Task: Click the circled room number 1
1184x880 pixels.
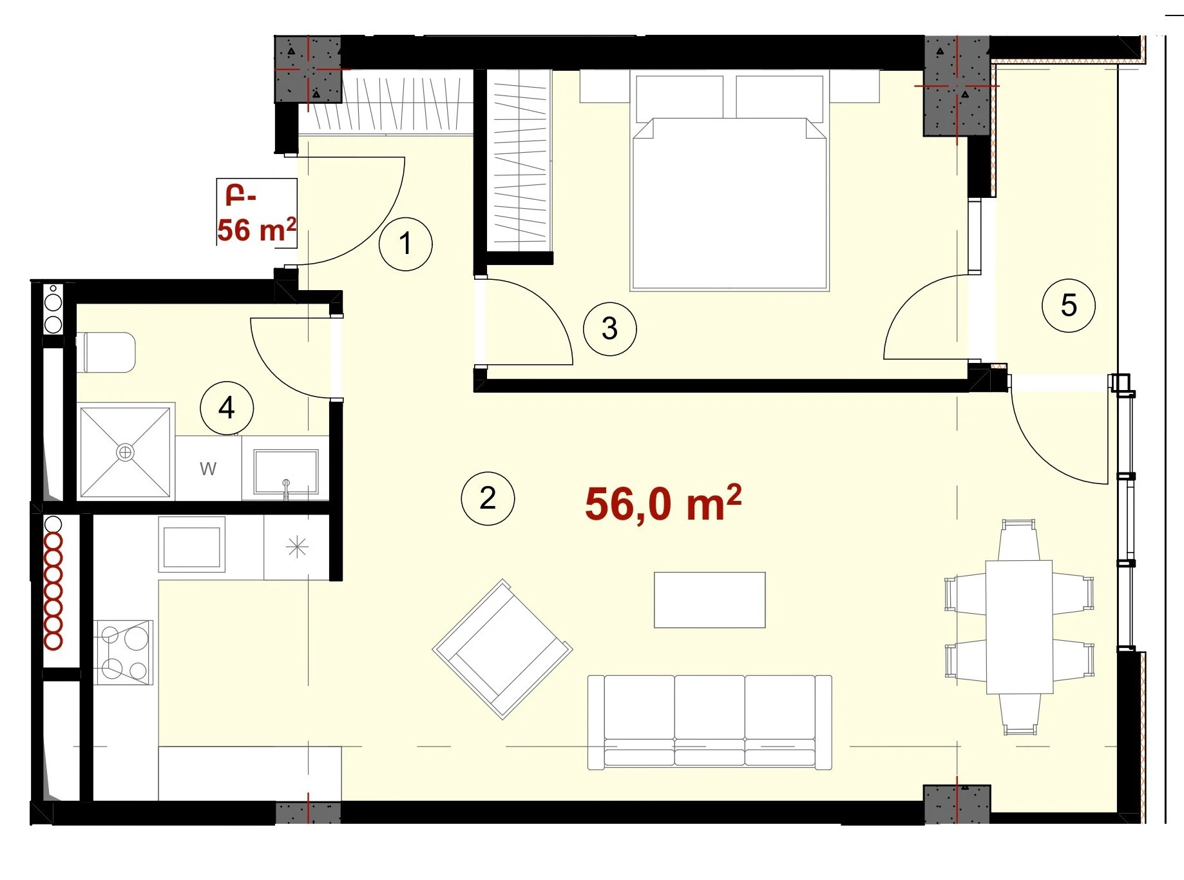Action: coord(405,244)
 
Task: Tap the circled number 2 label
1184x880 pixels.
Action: coord(488,498)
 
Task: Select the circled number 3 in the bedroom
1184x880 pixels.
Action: coord(609,329)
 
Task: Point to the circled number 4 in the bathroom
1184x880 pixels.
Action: coord(227,408)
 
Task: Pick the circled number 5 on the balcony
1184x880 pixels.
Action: coord(1069,306)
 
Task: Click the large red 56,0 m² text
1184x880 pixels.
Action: coord(664,503)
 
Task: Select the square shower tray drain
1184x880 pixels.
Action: coord(125,453)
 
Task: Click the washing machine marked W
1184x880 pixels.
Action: coord(208,468)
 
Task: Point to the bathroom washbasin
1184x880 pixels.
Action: coord(286,472)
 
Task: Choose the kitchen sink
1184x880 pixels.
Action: coord(191,545)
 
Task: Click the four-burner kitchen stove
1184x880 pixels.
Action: coord(124,652)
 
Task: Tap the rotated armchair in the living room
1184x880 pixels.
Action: coord(502,649)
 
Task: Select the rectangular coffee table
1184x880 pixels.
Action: coord(710,600)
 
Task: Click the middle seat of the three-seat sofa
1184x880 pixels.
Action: coord(710,720)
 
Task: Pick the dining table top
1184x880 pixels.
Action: coord(1019,627)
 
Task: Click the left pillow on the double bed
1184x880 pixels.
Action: coord(680,97)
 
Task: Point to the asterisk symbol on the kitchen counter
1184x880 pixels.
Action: coord(297,547)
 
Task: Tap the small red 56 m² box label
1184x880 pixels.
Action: coord(256,213)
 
